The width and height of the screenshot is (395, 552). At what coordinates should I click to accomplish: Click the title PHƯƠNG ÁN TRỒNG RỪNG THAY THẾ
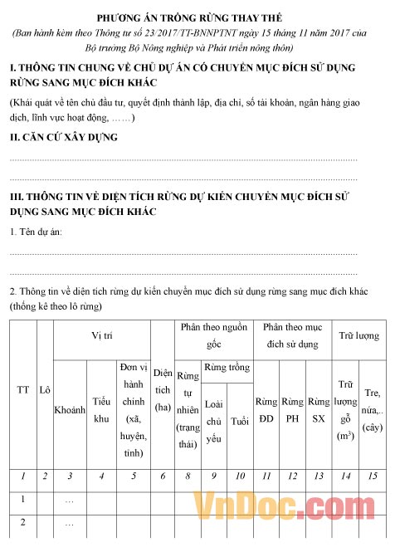(x=197, y=17)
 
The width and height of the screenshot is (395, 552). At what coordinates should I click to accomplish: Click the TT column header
(x=23, y=389)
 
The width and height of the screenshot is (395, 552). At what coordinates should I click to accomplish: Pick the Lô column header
(x=45, y=389)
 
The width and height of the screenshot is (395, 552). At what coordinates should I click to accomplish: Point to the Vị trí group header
(x=102, y=335)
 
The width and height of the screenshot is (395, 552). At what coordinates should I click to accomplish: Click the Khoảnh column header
(x=70, y=410)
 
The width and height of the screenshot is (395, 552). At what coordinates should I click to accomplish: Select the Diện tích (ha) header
(x=163, y=389)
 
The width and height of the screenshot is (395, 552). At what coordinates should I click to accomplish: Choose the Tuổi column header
(x=241, y=421)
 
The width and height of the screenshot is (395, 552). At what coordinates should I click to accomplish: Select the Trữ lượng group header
(x=359, y=335)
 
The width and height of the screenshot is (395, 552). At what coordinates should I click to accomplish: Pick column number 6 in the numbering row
(x=163, y=476)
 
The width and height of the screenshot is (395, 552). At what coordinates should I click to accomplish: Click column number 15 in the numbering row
(x=373, y=476)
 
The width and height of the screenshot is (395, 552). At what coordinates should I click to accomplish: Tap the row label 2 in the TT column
(x=23, y=523)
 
